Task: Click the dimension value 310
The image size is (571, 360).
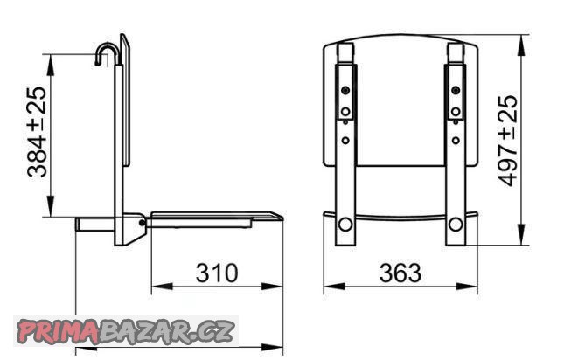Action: click(x=217, y=273)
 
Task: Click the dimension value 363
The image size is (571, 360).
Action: click(x=400, y=273)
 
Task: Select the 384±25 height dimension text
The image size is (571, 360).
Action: click(x=37, y=132)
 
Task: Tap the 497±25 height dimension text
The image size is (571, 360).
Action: click(x=507, y=141)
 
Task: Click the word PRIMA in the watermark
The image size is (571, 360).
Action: click(x=58, y=331)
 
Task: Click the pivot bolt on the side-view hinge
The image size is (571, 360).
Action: click(x=142, y=223)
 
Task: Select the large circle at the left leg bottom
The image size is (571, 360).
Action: click(x=345, y=225)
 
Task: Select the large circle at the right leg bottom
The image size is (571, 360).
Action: click(x=456, y=225)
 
